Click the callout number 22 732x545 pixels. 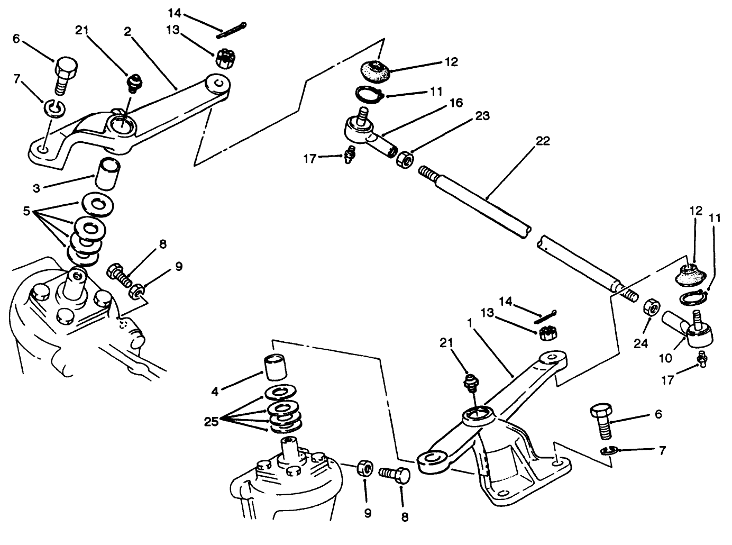[542, 141]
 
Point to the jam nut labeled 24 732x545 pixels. [651, 308]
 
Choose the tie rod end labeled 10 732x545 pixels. [690, 332]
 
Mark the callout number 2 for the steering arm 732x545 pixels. [127, 31]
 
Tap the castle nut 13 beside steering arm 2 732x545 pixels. [224, 56]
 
